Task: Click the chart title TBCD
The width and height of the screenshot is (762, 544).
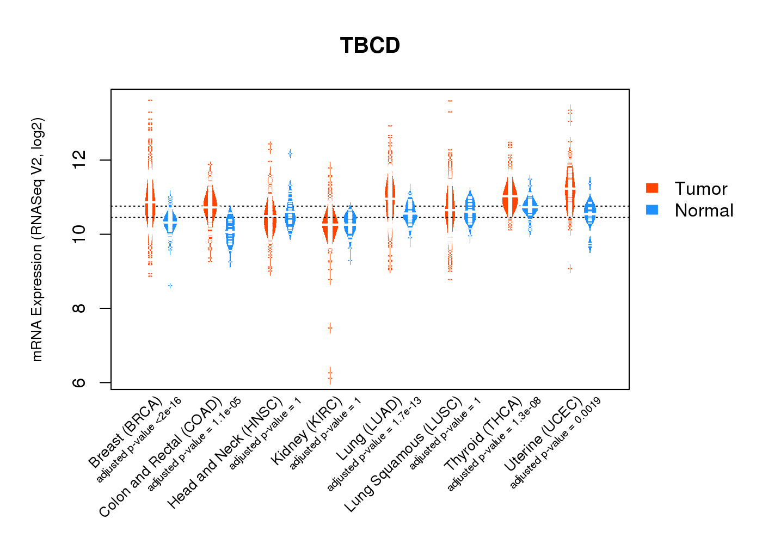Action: pos(370,46)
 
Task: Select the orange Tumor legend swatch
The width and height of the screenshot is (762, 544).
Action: pos(652,188)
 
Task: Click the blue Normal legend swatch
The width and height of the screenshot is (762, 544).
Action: pos(652,210)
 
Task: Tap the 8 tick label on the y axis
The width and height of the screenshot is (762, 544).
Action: pos(79,308)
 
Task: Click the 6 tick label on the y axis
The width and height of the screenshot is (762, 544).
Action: pos(79,382)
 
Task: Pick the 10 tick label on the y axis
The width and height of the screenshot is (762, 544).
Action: pos(79,234)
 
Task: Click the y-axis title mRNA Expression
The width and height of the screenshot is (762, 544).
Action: pos(37,239)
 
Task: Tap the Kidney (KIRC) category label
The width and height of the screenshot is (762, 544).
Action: pos(307,431)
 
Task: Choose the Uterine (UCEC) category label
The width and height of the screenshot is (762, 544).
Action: pos(543,435)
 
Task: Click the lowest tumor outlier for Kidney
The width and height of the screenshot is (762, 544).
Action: pos(330,380)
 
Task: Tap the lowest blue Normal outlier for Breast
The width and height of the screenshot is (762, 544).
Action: pos(170,286)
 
